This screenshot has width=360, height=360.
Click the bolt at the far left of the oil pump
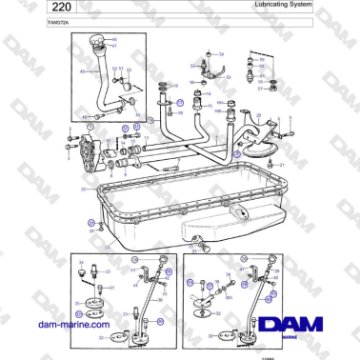[x=70, y=147]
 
